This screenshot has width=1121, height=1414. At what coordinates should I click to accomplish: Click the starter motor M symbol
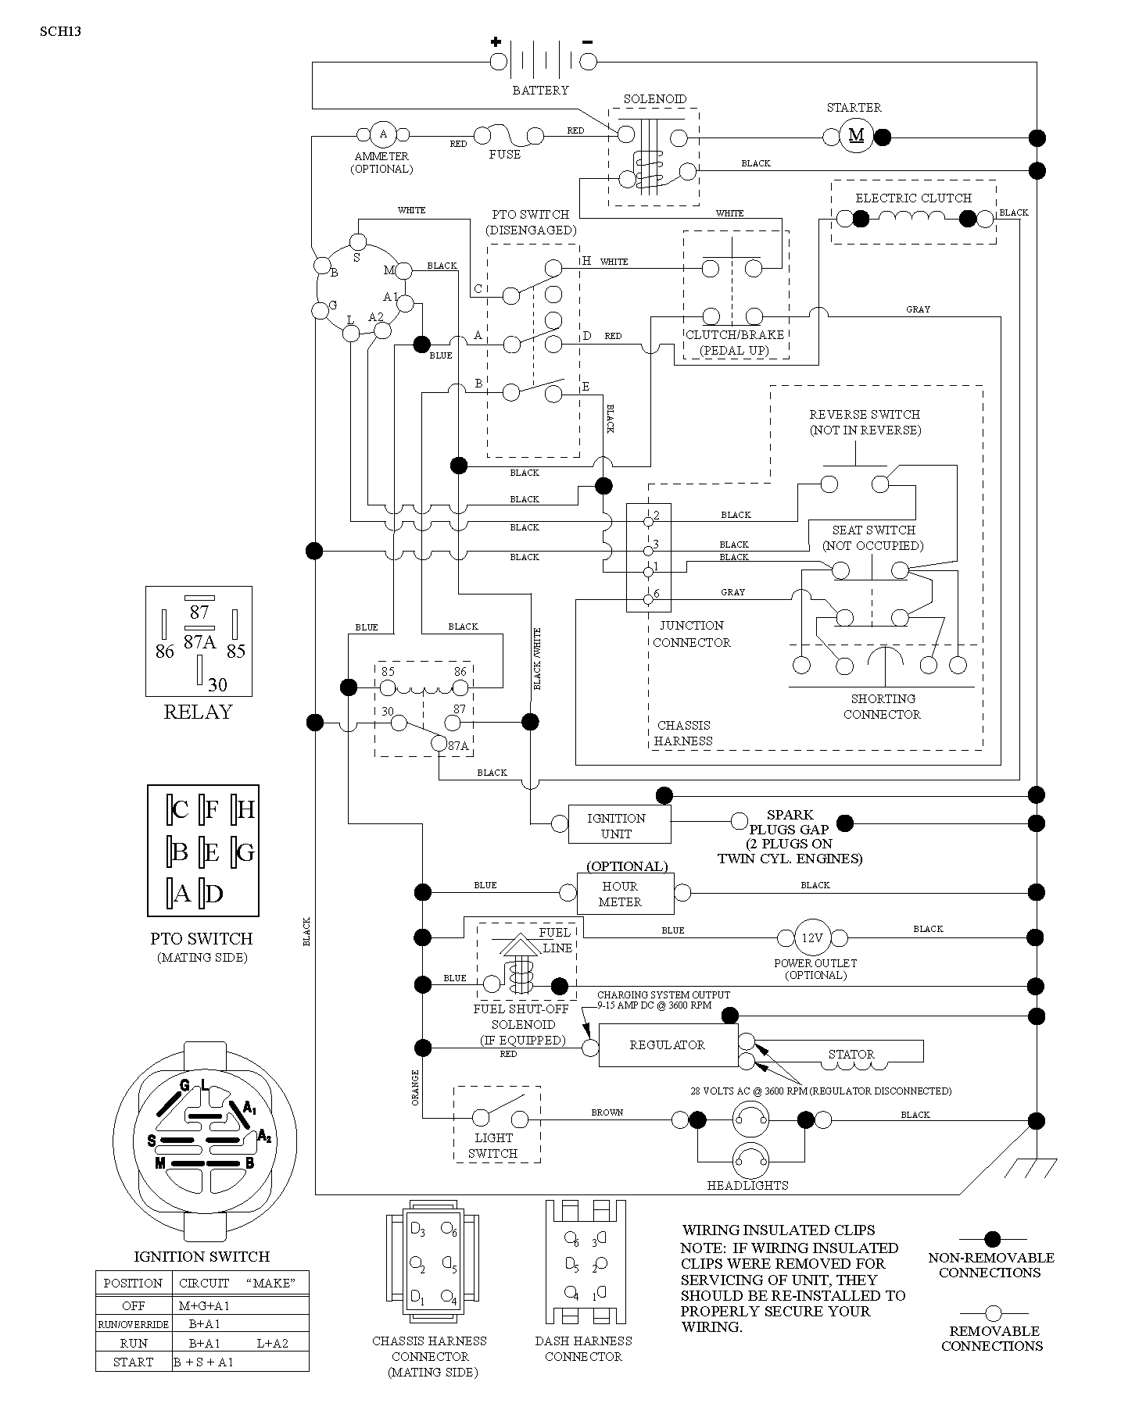[856, 136]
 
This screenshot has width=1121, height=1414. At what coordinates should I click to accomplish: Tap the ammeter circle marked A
[383, 134]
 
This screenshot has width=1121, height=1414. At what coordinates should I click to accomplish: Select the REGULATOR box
[668, 1045]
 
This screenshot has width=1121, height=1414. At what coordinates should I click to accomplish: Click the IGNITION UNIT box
[616, 825]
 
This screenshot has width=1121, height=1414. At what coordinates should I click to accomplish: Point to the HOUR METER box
[625, 894]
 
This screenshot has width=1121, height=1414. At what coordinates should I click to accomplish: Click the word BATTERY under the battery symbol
[540, 91]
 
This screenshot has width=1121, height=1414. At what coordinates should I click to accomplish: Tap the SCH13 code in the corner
[60, 32]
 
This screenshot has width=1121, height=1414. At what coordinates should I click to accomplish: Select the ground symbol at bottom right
[1026, 1168]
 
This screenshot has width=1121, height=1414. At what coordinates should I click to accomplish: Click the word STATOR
[851, 1054]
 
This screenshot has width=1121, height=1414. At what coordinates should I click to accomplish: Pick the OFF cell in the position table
[134, 1305]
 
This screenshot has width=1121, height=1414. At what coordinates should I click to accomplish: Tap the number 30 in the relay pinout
[217, 684]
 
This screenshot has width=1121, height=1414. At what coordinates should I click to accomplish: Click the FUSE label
[504, 155]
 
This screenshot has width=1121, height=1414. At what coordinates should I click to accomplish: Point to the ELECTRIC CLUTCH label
[913, 198]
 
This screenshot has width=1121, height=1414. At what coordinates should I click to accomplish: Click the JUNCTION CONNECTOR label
[692, 634]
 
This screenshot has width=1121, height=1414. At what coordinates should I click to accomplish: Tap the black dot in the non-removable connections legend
[992, 1239]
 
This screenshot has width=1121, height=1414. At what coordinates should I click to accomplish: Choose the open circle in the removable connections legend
[993, 1312]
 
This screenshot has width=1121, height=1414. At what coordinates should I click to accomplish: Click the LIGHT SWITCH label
[494, 1145]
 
